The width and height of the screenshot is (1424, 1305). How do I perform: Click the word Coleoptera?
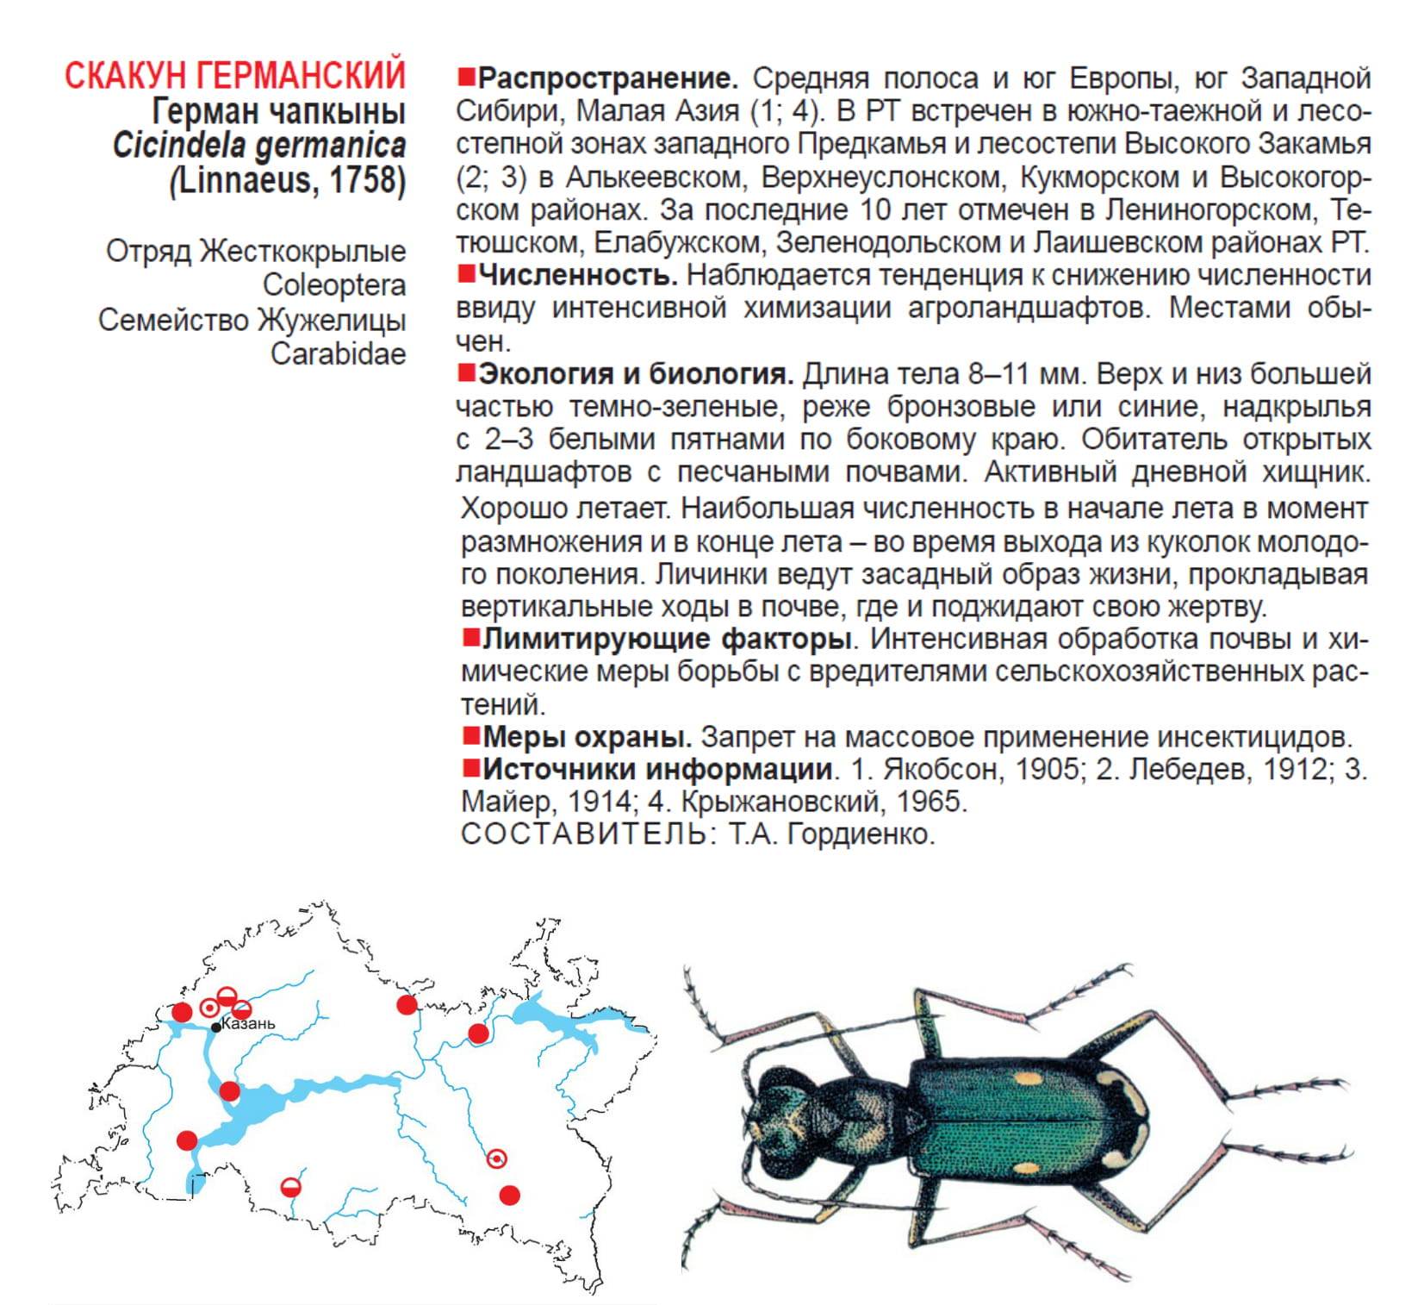click(333, 285)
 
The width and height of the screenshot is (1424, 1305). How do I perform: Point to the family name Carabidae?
click(338, 353)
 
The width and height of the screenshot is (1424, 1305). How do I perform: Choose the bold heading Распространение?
click(608, 78)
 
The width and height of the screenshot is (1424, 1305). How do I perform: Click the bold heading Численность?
click(578, 276)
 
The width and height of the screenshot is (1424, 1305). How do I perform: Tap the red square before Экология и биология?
click(466, 372)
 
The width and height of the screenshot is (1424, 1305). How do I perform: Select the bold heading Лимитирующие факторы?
click(667, 640)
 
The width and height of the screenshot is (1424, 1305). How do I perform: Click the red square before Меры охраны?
click(470, 736)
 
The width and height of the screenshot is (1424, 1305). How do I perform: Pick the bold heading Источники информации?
click(658, 769)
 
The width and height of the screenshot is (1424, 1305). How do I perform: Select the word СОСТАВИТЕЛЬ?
click(587, 834)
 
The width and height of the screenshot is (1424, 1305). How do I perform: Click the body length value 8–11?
click(1003, 374)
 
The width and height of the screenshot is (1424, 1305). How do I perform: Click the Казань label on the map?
click(249, 1023)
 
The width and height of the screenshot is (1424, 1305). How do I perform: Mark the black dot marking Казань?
click(216, 1027)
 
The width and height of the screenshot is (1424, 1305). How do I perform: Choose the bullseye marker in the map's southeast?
click(497, 1159)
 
